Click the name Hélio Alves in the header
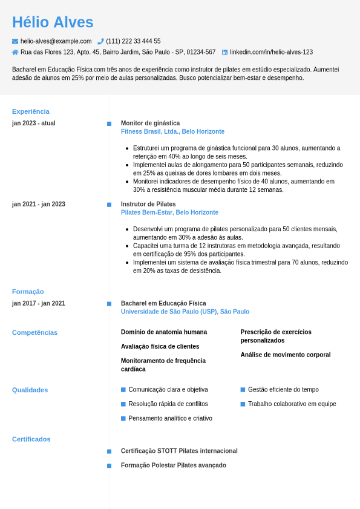[53, 22]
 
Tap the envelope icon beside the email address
[15, 41]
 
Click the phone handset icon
[100, 41]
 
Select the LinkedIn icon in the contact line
[224, 52]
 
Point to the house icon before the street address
[15, 52]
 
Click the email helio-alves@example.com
[56, 41]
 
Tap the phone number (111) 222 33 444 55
[133, 41]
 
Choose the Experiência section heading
[31, 111]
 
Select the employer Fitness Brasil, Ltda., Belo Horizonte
[172, 131]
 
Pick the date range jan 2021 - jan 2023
[39, 204]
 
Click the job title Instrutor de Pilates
[148, 204]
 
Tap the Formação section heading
[28, 292]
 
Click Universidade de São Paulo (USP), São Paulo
[185, 312]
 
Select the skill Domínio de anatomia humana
[164, 332]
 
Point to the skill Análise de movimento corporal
[286, 355]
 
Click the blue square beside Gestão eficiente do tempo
[243, 390]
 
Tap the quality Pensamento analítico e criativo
[170, 418]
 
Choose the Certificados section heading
[31, 439]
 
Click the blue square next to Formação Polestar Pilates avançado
[109, 465]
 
